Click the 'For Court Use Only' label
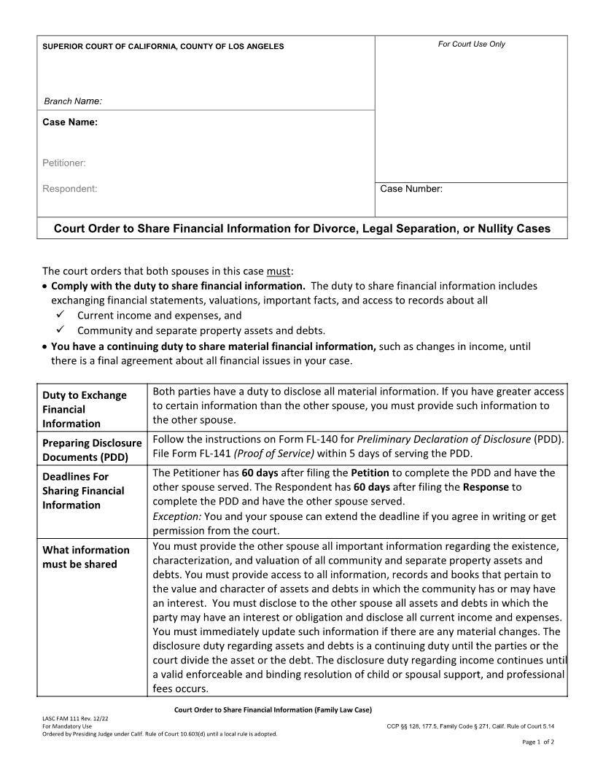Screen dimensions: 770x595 pyautogui.click(x=471, y=44)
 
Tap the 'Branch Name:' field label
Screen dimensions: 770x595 pyautogui.click(x=73, y=101)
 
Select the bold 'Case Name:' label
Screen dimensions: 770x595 pyautogui.click(x=70, y=122)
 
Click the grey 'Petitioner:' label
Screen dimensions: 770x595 pyautogui.click(x=64, y=163)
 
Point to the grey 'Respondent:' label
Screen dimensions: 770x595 pyautogui.click(x=69, y=189)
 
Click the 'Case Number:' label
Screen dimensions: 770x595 pyautogui.click(x=411, y=189)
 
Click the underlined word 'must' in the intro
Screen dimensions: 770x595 pyautogui.click(x=279, y=272)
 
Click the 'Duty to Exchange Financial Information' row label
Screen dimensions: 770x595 pyautogui.click(x=85, y=409)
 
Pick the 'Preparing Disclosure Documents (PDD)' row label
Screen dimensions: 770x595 pyautogui.click(x=92, y=450)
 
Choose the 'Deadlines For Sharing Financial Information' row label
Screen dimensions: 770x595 pyautogui.click(x=83, y=491)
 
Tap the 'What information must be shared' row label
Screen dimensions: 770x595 pyautogui.click(x=86, y=556)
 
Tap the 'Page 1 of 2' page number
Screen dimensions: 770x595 pyautogui.click(x=538, y=742)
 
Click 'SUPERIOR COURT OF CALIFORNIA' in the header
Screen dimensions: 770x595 pyautogui.click(x=106, y=47)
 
